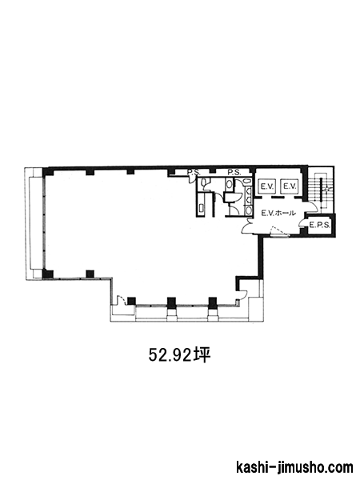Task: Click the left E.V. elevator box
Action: (x=267, y=186)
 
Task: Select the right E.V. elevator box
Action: (x=289, y=186)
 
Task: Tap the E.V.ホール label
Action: (x=278, y=213)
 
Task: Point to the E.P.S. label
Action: (x=319, y=226)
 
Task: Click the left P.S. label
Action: (x=194, y=173)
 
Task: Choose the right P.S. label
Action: (x=234, y=173)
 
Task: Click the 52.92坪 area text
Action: (x=180, y=355)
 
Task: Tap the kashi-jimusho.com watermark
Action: (x=294, y=468)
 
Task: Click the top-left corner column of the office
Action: (x=48, y=171)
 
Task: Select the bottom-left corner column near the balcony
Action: (x=48, y=274)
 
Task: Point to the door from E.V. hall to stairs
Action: (x=312, y=208)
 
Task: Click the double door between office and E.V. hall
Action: (x=247, y=226)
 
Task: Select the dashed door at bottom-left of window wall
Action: (x=122, y=299)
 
